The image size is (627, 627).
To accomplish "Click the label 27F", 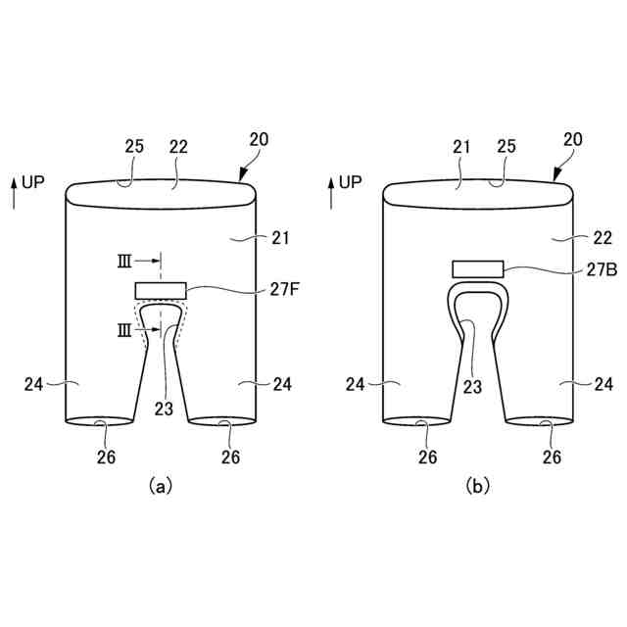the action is tap(284, 290).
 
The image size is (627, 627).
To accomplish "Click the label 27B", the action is tap(602, 270).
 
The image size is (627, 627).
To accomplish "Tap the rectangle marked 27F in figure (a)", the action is tap(161, 291).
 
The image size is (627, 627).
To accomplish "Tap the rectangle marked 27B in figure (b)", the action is tap(478, 268).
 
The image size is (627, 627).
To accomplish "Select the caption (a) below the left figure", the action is tap(161, 486).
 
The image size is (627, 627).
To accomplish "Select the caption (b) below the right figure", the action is tap(478, 486).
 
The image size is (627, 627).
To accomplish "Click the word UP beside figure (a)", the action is tap(33, 182).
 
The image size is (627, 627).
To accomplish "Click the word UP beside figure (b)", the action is tap(351, 182).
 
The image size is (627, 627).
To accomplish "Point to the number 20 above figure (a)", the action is tap(259, 139).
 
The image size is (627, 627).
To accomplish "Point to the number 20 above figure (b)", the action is tap(573, 139).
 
